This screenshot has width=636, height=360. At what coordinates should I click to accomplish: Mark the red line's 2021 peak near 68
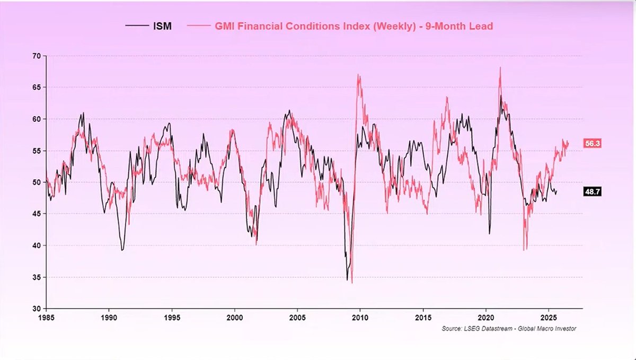pos(500,68)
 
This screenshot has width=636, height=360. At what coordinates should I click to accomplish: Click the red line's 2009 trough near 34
pos(352,282)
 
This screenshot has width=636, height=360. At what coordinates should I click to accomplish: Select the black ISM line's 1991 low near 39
pos(122,250)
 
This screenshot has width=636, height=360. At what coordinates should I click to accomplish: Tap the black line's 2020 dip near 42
pos(489,233)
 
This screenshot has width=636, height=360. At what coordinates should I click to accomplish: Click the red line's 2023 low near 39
pos(524,249)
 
